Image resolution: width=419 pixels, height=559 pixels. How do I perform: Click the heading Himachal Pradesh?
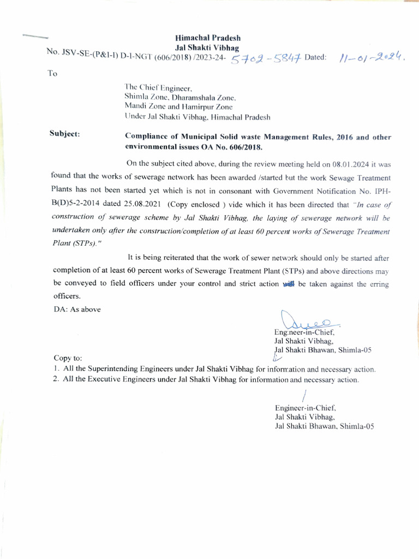[207, 38]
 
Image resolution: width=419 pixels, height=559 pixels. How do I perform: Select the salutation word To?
[52, 74]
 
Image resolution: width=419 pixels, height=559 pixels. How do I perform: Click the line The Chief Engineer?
[158, 87]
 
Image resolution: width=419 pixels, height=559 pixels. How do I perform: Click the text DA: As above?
[77, 310]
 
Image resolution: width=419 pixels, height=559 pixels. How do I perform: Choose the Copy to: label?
[68, 358]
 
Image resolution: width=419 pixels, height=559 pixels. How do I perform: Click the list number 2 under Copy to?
[56, 379]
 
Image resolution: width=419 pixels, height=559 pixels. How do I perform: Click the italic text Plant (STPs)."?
[79, 242]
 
